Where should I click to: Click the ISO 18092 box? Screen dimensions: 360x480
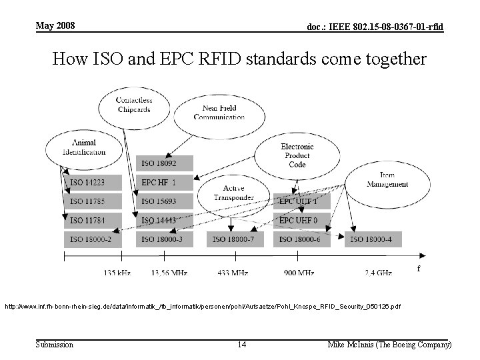coord(165,163)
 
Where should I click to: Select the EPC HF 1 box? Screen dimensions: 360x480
coord(165,182)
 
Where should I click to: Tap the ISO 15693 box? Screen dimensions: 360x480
coord(165,201)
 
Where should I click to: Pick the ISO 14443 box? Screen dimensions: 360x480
coord(165,220)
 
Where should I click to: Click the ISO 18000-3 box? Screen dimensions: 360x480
coord(165,239)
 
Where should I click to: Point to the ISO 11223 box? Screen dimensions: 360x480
coord(93,182)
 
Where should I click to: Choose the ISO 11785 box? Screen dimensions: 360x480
coord(93,201)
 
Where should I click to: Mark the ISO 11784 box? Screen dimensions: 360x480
coord(93,220)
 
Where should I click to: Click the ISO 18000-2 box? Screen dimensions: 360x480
coord(93,239)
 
